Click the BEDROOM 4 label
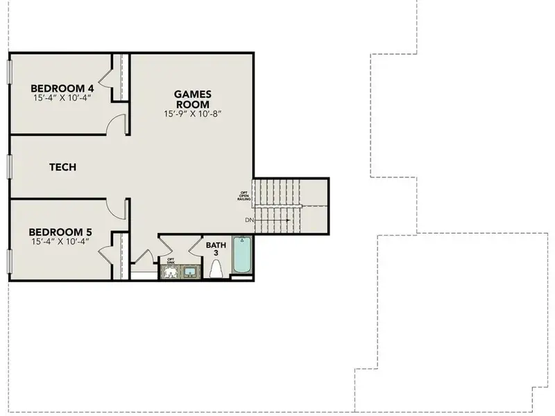(62, 88)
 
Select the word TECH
(62, 167)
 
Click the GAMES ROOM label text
(192, 98)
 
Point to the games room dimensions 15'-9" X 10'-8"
(192, 114)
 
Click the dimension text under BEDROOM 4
(62, 98)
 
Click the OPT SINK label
(170, 261)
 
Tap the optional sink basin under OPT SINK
(169, 272)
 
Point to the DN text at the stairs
(249, 220)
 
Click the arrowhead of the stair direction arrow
(287, 220)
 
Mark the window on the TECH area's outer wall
(10, 166)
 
